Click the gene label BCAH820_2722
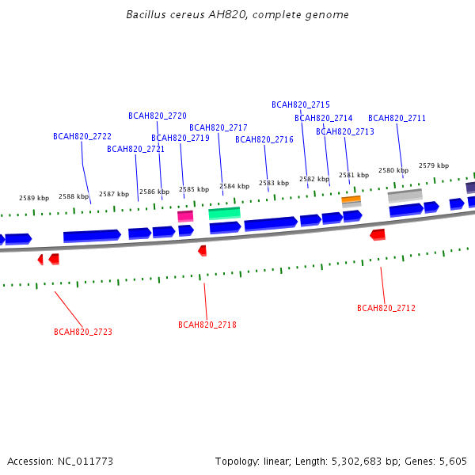pyautogui.click(x=82, y=136)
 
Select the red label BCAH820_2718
pyautogui.click(x=207, y=325)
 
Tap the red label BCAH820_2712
pyautogui.click(x=386, y=308)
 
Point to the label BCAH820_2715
pyautogui.click(x=301, y=104)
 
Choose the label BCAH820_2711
pyautogui.click(x=397, y=118)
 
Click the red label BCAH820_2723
pyautogui.click(x=83, y=332)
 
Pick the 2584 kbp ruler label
pyautogui.click(x=234, y=186)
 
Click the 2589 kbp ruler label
pyautogui.click(x=34, y=198)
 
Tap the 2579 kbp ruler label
pyautogui.click(x=434, y=165)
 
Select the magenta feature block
pyautogui.click(x=185, y=216)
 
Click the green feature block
pyautogui.click(x=225, y=213)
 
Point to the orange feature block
pyautogui.click(x=351, y=199)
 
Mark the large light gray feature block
pyautogui.click(x=405, y=196)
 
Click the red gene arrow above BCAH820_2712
pyautogui.click(x=378, y=235)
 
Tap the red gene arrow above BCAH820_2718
pyautogui.click(x=202, y=251)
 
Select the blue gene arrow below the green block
pyautogui.click(x=225, y=228)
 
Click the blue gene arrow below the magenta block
pyautogui.click(x=186, y=230)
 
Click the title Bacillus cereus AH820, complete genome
pyautogui.click(x=237, y=14)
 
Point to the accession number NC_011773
pyautogui.click(x=85, y=462)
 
